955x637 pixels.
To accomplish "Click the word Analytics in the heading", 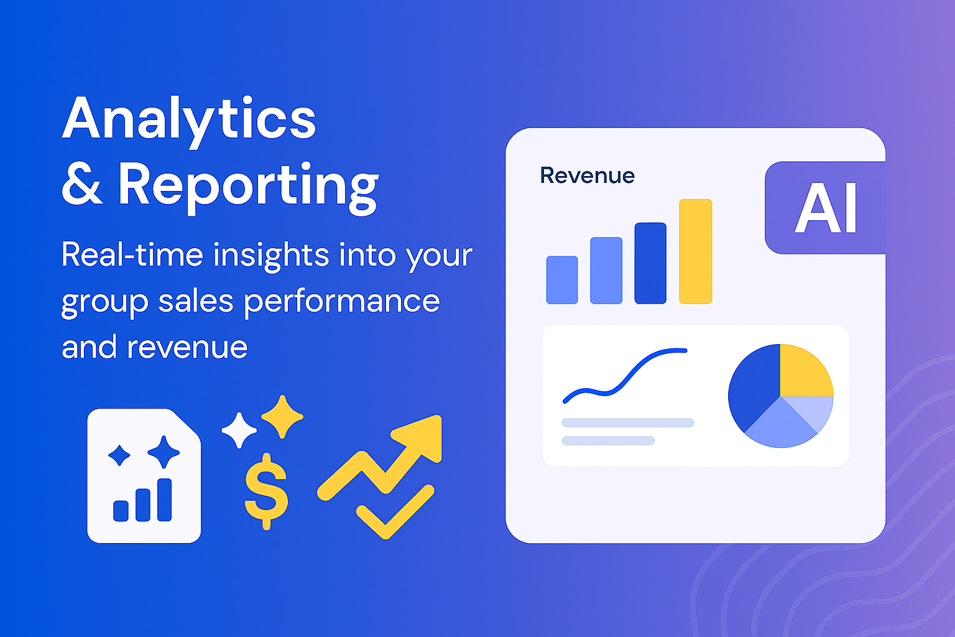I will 189,119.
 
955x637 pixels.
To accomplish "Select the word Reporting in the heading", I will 248,185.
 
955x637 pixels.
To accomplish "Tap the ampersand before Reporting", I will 82,185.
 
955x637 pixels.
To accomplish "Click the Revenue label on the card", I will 587,175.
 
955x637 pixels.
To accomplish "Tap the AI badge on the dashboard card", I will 826,208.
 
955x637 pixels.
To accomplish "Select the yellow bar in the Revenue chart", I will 695,251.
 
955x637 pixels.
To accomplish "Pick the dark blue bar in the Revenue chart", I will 650,263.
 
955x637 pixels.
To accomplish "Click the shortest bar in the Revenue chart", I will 562,280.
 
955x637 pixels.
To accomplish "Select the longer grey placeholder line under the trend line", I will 627,423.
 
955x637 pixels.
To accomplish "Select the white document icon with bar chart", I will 144,476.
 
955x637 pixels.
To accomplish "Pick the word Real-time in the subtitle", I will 132,255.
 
